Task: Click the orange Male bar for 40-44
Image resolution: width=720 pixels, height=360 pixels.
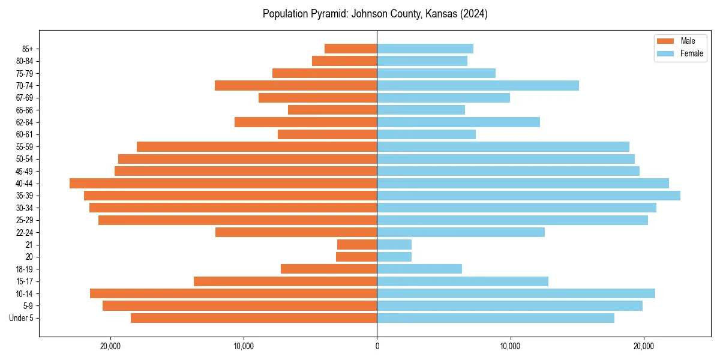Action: (x=223, y=183)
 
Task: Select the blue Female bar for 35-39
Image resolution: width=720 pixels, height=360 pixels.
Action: (x=529, y=196)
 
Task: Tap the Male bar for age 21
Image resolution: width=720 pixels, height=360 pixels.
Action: (x=357, y=244)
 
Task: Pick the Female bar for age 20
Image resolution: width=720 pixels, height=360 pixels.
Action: (x=394, y=257)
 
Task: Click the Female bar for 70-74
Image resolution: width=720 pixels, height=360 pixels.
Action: (x=478, y=85)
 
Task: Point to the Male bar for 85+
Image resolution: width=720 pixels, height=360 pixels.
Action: (x=350, y=49)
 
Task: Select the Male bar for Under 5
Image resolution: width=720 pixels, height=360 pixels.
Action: (x=254, y=318)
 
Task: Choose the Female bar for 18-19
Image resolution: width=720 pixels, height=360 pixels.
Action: (x=419, y=269)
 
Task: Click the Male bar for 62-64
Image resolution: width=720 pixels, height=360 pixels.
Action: (x=305, y=122)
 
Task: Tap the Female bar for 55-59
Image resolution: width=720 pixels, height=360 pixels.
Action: (x=503, y=146)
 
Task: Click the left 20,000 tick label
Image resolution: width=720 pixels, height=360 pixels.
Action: (x=110, y=346)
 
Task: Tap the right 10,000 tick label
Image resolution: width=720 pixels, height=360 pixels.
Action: (x=510, y=346)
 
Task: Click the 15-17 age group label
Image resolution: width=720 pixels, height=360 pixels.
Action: (x=24, y=281)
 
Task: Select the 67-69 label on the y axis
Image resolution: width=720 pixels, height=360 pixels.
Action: (x=24, y=98)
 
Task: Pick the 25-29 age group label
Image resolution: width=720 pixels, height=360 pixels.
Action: (x=24, y=220)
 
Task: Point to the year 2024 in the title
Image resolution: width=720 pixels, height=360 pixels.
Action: (x=473, y=14)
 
